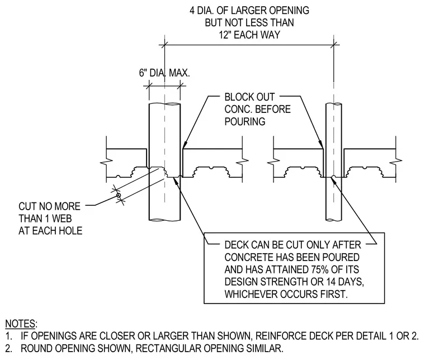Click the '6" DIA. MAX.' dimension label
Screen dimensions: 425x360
(x=164, y=73)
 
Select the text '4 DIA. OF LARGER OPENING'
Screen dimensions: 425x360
(x=249, y=11)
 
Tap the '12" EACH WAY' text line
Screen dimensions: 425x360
(x=249, y=35)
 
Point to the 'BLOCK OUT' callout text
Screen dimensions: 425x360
(x=249, y=97)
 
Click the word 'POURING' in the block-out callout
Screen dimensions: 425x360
(x=245, y=122)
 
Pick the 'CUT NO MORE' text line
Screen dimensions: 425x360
(x=49, y=206)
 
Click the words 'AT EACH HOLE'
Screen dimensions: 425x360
(x=50, y=231)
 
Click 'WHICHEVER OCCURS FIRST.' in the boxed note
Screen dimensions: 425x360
(x=286, y=294)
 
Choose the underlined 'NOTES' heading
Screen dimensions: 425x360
(x=21, y=324)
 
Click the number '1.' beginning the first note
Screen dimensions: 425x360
(x=9, y=336)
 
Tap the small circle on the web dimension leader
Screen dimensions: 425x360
(x=119, y=195)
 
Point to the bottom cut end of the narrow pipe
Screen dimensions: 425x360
(x=333, y=220)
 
